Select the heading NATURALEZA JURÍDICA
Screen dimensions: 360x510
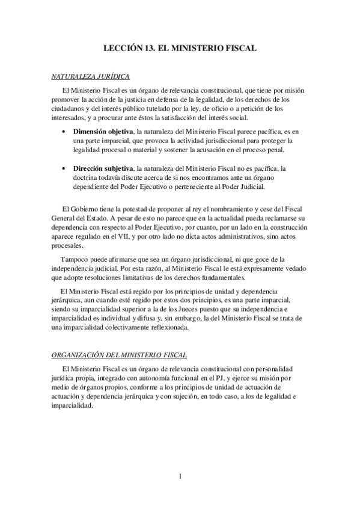(x=89, y=76)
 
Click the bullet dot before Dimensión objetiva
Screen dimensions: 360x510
(x=65, y=131)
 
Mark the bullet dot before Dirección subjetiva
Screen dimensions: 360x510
(x=65, y=169)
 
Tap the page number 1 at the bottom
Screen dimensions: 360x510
(x=180, y=476)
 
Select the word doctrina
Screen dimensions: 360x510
(x=87, y=178)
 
